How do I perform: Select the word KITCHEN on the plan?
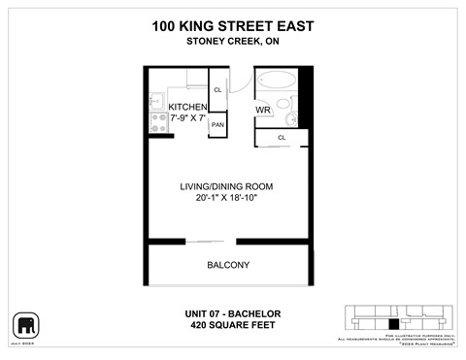[x=188, y=107]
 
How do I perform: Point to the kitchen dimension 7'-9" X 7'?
[x=188, y=118]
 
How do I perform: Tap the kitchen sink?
[x=154, y=99]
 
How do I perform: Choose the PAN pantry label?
[x=218, y=125]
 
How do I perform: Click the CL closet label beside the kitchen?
[x=218, y=89]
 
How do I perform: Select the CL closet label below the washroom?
[x=282, y=138]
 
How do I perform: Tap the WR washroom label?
[x=262, y=111]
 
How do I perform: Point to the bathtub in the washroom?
[x=281, y=80]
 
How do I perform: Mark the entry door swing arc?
[x=243, y=83]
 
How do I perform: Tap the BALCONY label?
[x=228, y=265]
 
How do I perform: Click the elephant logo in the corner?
[x=22, y=323]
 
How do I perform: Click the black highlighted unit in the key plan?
[x=392, y=324]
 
